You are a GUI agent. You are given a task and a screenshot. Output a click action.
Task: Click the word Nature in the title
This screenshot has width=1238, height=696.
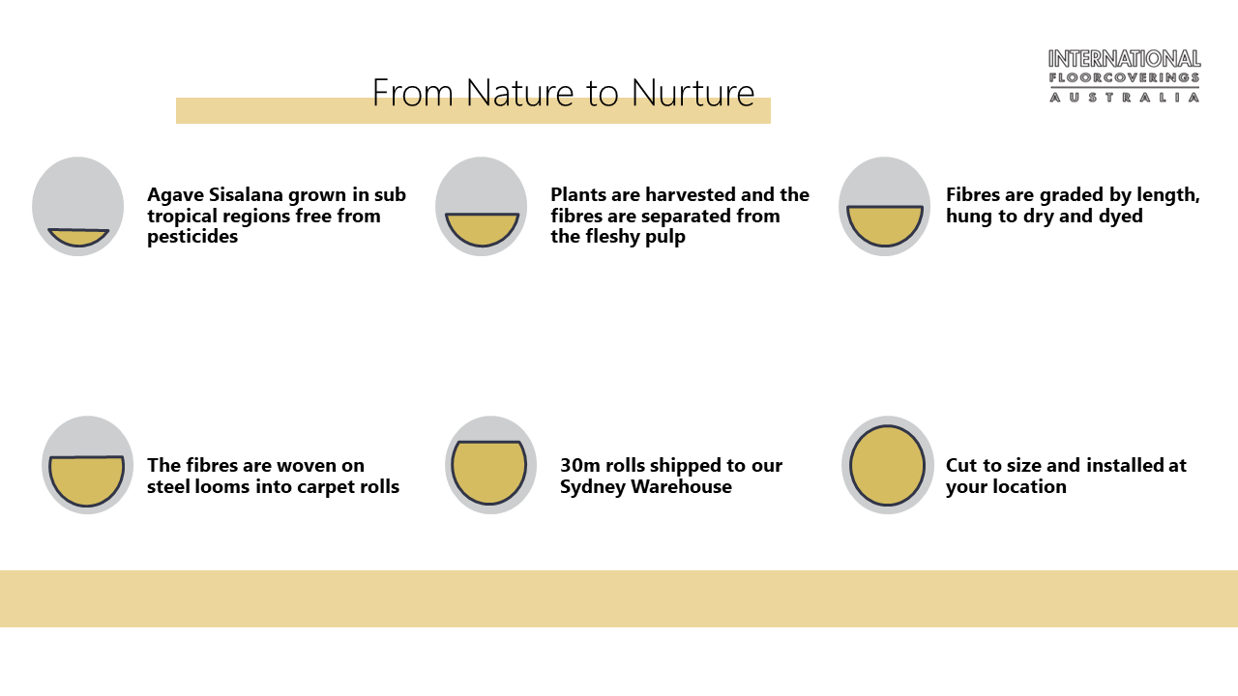(x=520, y=92)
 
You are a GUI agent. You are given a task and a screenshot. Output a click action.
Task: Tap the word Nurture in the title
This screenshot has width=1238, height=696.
(x=693, y=92)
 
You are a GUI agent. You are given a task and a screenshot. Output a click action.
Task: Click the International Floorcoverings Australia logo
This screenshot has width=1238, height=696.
(x=1124, y=75)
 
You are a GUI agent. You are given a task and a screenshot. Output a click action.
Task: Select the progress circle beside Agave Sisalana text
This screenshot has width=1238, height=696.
(x=78, y=206)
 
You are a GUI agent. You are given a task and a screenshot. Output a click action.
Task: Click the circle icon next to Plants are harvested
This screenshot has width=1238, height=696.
(x=482, y=206)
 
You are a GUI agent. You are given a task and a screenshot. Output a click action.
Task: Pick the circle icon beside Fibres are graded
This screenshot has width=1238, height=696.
(x=884, y=206)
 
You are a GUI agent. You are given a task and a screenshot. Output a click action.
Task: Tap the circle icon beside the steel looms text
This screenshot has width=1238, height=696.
(x=87, y=465)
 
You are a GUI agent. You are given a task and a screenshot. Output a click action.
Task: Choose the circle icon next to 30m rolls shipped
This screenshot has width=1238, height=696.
(x=490, y=465)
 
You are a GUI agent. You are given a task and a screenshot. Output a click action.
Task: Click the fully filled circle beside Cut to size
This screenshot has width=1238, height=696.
(x=888, y=465)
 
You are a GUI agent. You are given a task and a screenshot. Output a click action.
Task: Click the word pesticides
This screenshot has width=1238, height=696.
(x=192, y=237)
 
